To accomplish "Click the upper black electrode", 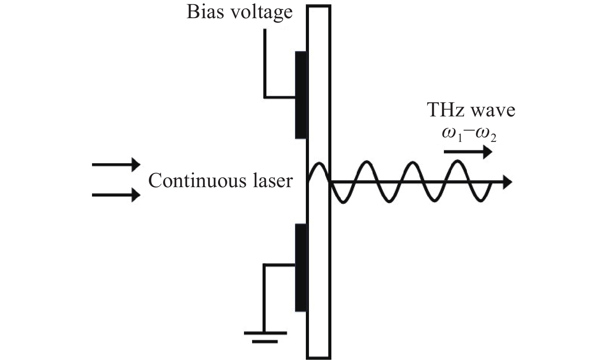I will [x=301, y=95].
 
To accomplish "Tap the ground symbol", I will [x=265, y=336].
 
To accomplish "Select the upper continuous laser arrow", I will [x=116, y=164].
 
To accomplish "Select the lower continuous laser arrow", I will [x=116, y=195].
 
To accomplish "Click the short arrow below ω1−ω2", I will [x=468, y=152].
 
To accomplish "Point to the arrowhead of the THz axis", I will [x=507, y=182].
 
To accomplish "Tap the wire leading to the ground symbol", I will [x=264, y=298].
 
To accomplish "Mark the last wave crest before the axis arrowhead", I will [x=458, y=162].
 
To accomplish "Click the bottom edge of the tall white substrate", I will [x=319, y=358].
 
